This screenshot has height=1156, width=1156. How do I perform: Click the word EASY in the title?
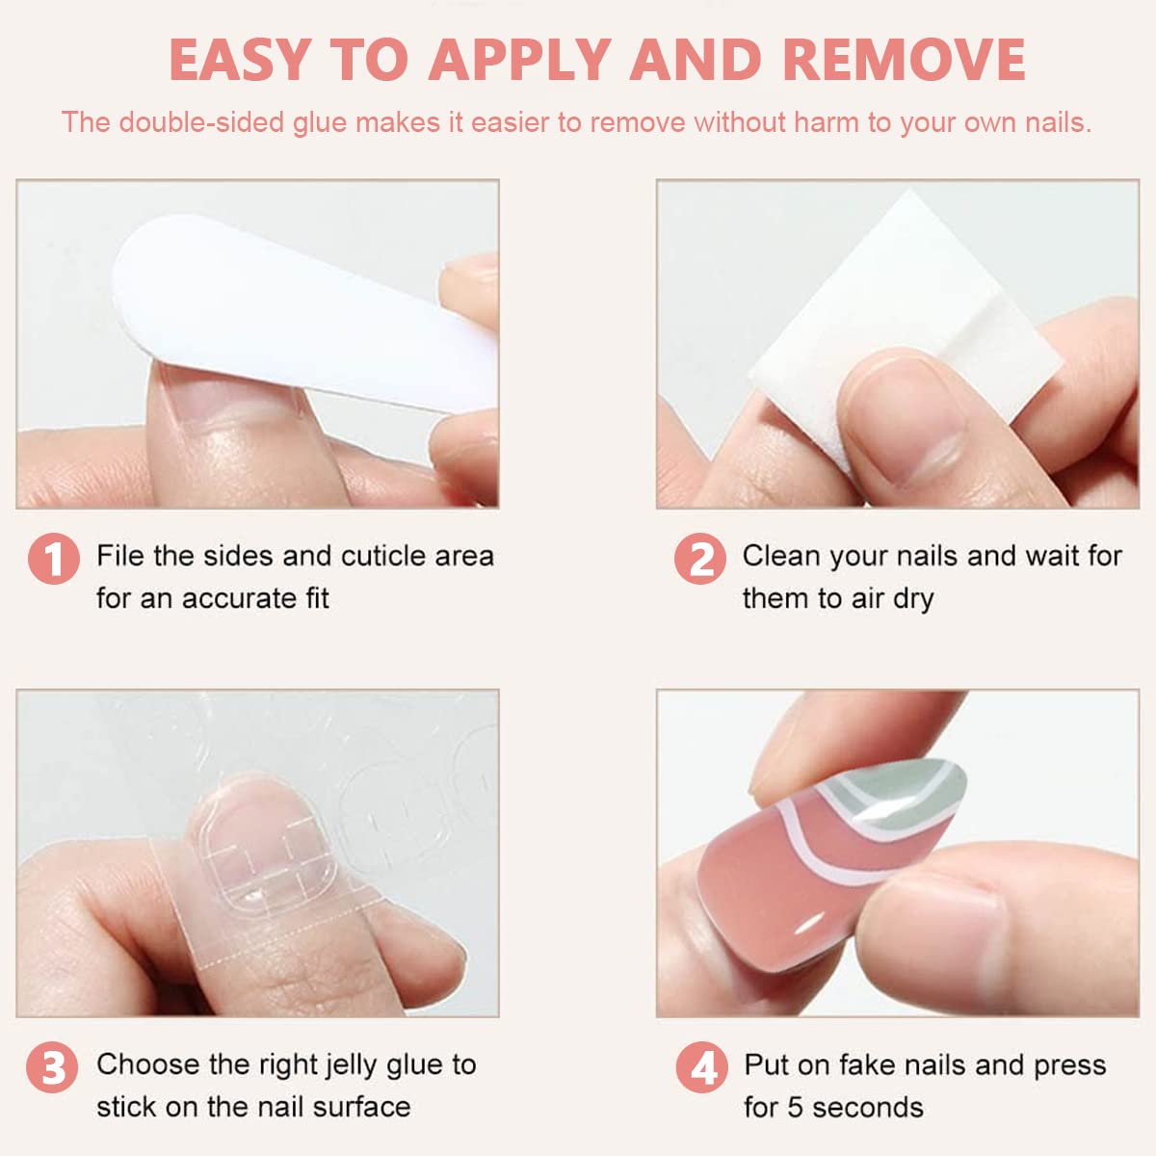pos(240,60)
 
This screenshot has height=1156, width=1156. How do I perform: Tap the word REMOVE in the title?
pos(904,60)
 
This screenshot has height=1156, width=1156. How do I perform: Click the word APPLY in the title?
pos(519,60)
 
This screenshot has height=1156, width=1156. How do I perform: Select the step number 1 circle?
pos(53,559)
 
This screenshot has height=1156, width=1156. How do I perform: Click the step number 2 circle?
pos(699,559)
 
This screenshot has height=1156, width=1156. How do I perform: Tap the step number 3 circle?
pos(52,1067)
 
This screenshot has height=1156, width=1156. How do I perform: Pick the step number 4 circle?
pos(701,1067)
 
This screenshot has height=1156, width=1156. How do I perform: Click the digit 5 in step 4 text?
pos(795,1108)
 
